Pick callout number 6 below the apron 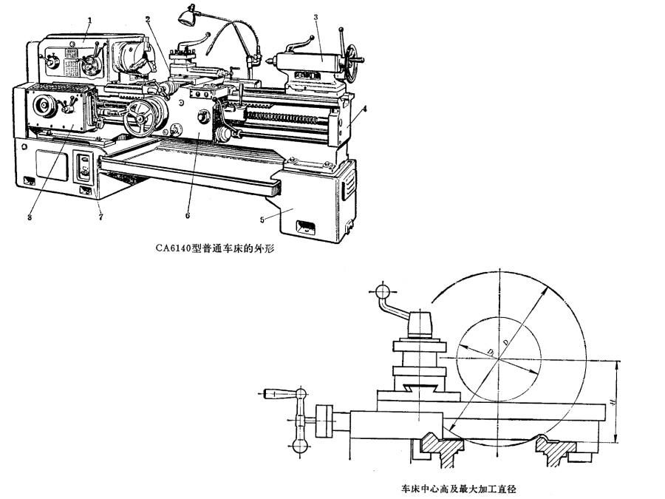187,217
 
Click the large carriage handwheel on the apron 138,118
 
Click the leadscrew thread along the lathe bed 288,118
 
